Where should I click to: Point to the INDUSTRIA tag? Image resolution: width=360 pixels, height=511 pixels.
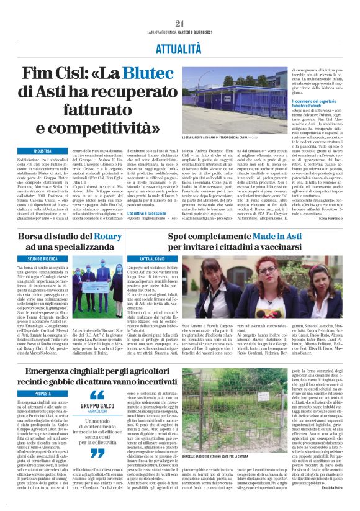[43, 151]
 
